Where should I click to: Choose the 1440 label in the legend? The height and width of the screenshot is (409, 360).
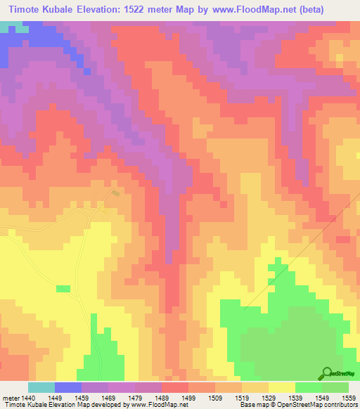tap(27, 396)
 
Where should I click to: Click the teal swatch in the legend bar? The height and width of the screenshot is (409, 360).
tap(41, 387)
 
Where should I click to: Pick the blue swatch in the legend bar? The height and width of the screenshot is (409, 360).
tap(67, 387)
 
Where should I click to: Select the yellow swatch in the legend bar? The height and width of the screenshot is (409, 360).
tap(281, 387)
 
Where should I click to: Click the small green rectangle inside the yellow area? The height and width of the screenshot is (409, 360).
tap(63, 289)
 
